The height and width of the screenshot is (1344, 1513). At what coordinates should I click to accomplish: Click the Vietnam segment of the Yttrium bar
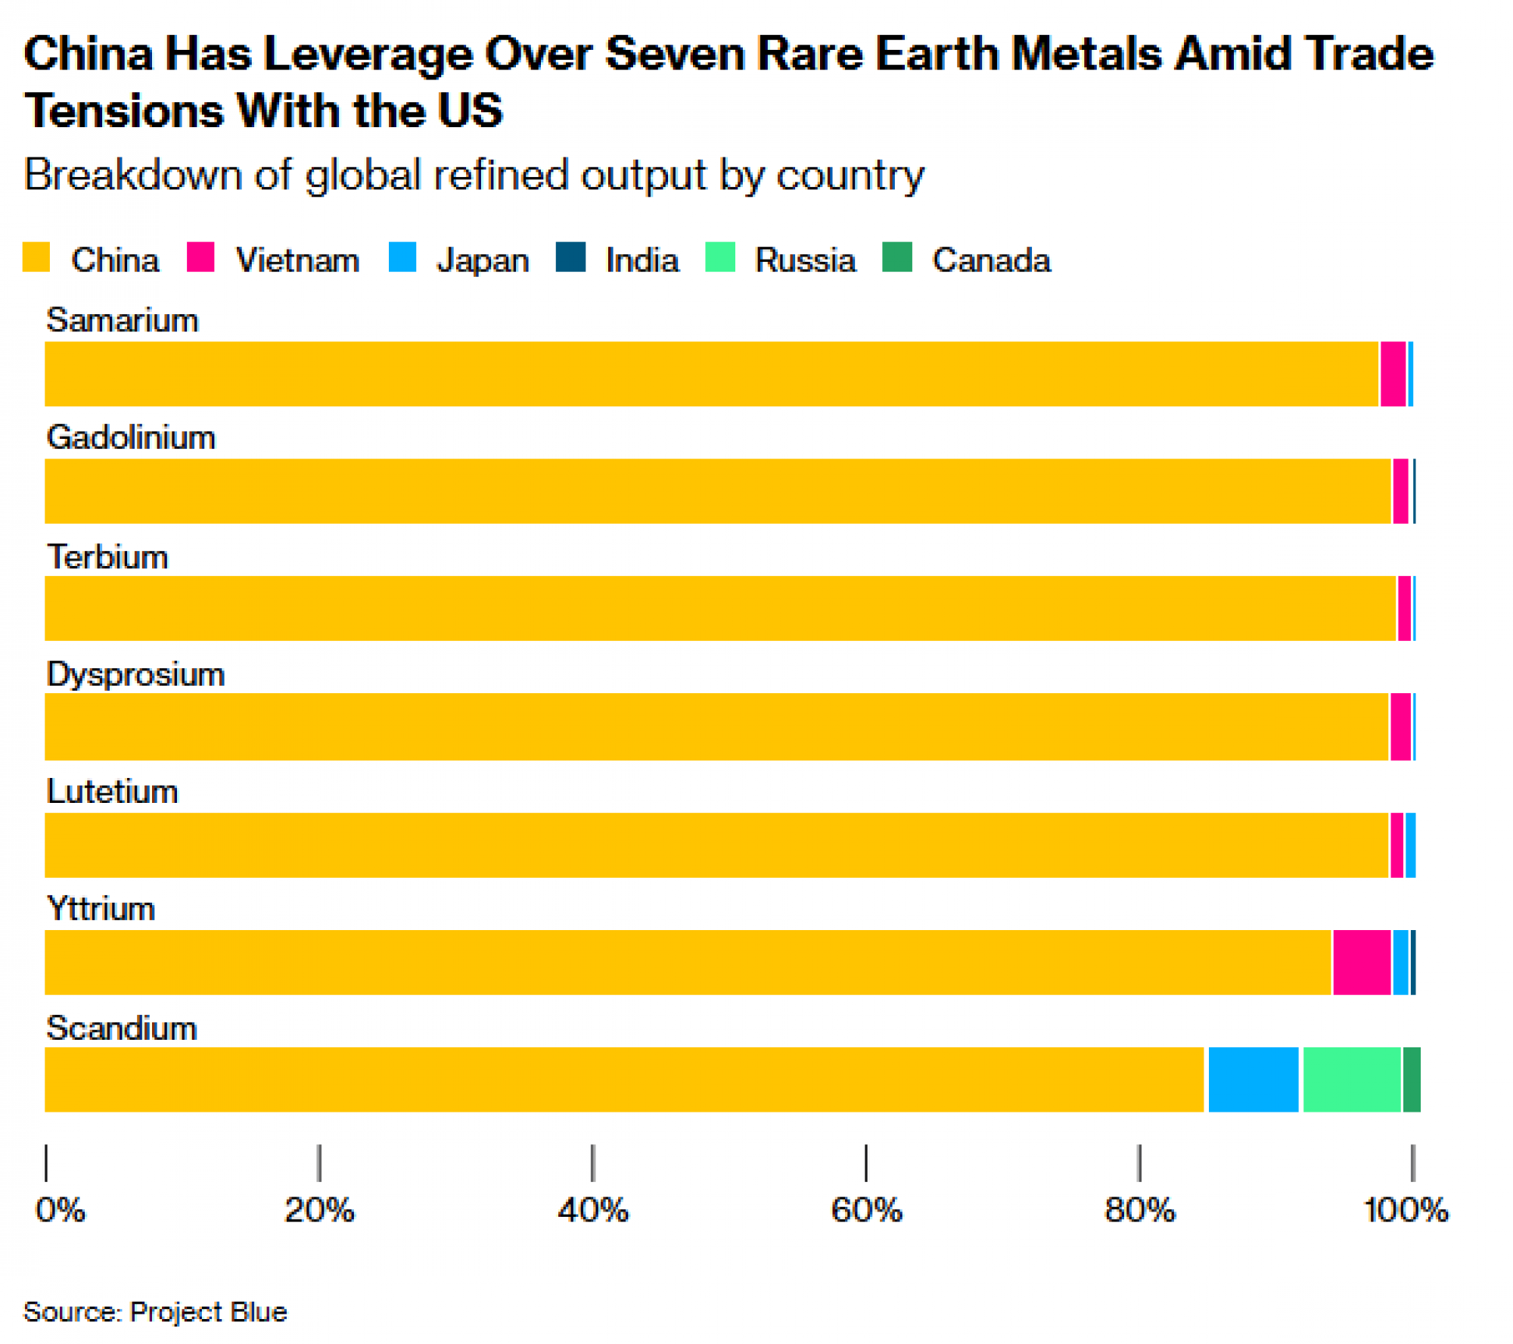(1361, 962)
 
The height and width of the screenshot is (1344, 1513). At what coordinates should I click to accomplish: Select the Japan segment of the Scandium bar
(1253, 1079)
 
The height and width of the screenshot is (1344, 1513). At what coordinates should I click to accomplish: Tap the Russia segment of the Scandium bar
(1351, 1079)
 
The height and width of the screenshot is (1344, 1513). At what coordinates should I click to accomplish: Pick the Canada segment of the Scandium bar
(1411, 1079)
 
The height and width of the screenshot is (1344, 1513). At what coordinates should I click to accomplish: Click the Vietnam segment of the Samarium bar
(1393, 374)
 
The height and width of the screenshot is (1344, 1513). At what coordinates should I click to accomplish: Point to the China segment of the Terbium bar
(719, 608)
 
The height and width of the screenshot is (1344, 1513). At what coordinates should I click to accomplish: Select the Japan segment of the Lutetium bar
(1410, 845)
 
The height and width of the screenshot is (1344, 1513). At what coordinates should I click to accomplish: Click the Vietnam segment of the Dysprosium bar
(1400, 726)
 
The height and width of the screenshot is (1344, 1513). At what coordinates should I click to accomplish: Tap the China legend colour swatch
(36, 257)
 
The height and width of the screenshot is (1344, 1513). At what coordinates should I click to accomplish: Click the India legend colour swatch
(570, 257)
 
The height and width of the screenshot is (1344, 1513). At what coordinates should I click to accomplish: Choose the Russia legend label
(805, 260)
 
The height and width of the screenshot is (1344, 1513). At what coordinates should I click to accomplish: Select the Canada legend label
(991, 260)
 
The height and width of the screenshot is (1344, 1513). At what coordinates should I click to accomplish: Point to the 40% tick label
(592, 1210)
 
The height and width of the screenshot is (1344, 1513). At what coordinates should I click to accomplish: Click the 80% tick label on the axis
(1139, 1210)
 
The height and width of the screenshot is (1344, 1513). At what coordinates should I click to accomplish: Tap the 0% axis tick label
(61, 1210)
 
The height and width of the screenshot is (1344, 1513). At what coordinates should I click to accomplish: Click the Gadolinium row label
(131, 437)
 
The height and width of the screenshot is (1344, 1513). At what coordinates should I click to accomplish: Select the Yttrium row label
(101, 908)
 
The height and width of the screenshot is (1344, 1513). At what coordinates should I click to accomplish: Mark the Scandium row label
(122, 1028)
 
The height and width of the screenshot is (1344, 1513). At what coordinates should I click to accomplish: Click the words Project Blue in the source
(208, 1311)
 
